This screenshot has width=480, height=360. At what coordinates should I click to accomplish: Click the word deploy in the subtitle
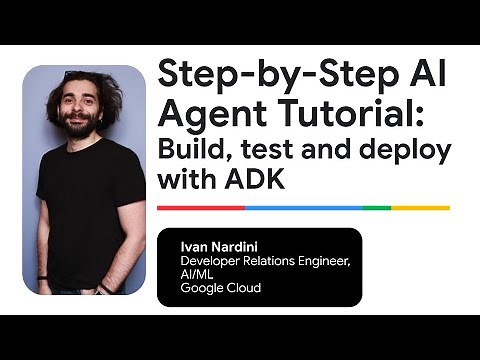click(x=411, y=152)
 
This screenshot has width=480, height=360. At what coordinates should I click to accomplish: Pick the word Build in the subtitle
click(x=194, y=152)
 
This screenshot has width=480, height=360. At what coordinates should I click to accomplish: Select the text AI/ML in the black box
click(x=196, y=273)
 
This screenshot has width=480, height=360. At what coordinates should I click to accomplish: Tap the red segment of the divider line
click(x=201, y=208)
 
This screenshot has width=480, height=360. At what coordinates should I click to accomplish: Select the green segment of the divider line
click(x=376, y=208)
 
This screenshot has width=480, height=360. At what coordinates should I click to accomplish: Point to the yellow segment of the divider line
click(x=420, y=208)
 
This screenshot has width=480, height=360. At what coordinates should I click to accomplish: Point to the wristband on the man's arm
click(x=42, y=277)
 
